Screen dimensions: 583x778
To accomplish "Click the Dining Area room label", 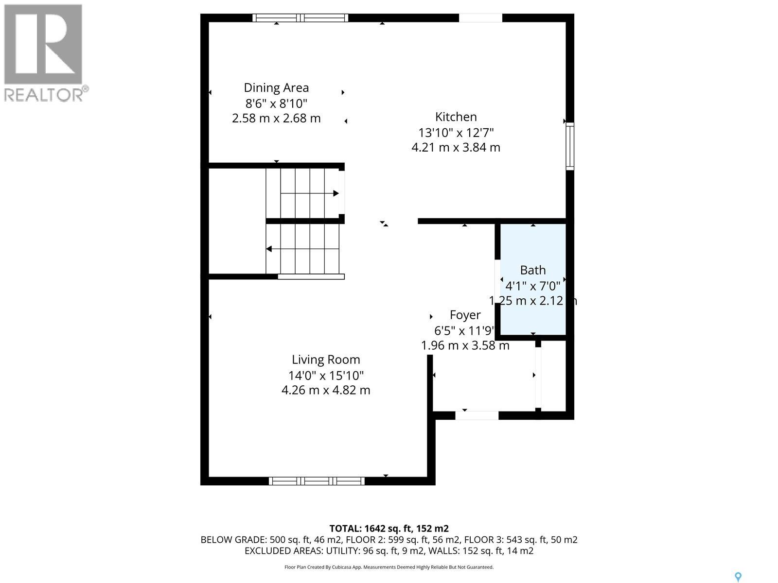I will [x=276, y=88].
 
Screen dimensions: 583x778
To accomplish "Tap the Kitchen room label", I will [x=456, y=117].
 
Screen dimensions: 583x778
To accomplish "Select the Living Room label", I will [x=326, y=360].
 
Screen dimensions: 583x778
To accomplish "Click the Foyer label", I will [x=465, y=315].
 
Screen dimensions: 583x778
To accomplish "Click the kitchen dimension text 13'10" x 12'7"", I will [x=456, y=133].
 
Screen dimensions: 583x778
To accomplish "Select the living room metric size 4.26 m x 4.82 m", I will [x=326, y=390].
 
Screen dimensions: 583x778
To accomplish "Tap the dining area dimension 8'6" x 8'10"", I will [x=276, y=103].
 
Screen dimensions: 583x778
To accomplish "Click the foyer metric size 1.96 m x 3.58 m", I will [x=465, y=345].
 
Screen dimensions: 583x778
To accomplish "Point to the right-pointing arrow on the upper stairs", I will [x=336, y=193].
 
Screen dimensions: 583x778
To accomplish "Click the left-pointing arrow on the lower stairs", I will [x=269, y=249].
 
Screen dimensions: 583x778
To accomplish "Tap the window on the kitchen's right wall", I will [x=570, y=146].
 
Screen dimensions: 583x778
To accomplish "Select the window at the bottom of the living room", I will [x=317, y=481].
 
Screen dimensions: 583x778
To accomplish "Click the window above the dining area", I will [x=300, y=18].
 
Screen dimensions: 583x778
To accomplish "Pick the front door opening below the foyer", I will [x=477, y=415].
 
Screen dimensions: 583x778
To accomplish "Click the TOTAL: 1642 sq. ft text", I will [x=389, y=529].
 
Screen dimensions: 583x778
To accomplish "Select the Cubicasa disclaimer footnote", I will [x=389, y=567].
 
